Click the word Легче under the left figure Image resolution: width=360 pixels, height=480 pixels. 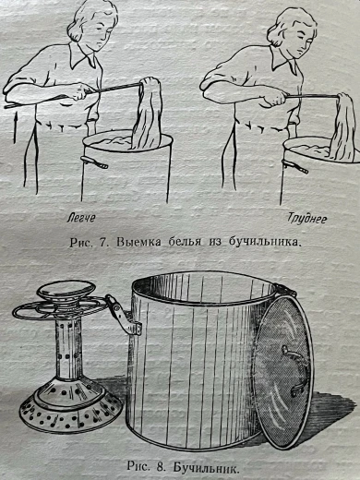click(81, 218)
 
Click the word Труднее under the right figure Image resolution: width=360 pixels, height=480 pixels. click(307, 219)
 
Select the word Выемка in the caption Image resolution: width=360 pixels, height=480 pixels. click(138, 243)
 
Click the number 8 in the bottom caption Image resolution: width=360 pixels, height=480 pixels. click(160, 467)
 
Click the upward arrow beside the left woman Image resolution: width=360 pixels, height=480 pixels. click(15, 127)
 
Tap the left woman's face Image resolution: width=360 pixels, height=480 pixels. click(100, 35)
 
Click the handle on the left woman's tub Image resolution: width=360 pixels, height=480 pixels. click(94, 162)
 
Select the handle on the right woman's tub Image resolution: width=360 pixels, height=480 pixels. click(294, 166)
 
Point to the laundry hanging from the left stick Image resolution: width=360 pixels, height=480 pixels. click(147, 114)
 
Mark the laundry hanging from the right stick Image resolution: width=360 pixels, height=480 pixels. click(344, 126)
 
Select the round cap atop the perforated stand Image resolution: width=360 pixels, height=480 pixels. click(66, 289)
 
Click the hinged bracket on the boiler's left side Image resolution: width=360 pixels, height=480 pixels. click(122, 316)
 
